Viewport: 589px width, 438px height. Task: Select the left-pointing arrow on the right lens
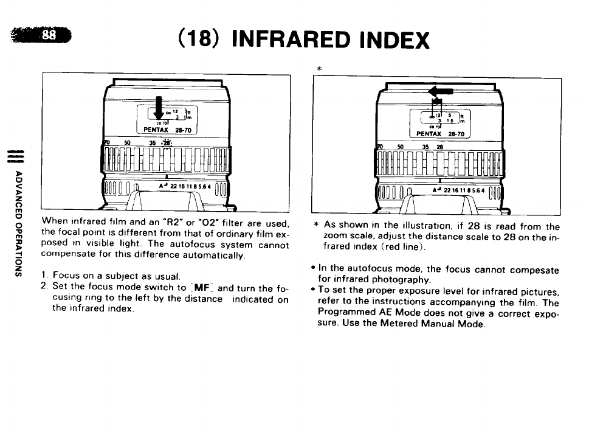[440, 91]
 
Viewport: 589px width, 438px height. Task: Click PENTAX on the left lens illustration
[156, 130]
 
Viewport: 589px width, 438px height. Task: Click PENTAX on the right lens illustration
[429, 134]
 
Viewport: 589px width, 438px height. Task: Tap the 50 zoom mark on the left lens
[128, 144]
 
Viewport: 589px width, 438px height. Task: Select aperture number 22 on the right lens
[447, 190]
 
